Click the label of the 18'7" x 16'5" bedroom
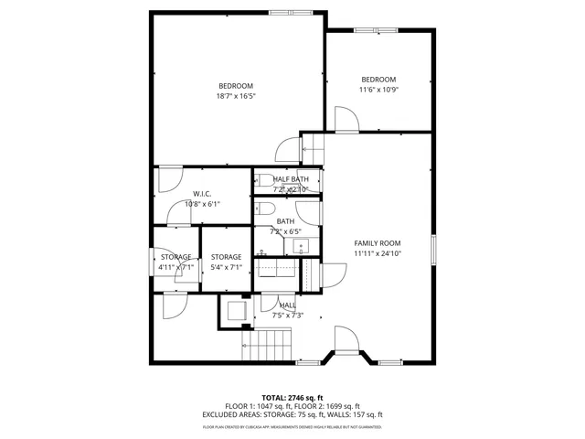coord(235,86)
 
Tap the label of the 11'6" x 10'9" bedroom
coord(378,80)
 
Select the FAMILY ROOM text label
coord(378,242)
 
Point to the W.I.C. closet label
coord(202,194)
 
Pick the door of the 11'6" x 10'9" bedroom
coord(345,119)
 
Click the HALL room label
coord(287,305)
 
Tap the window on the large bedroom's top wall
coord(282,12)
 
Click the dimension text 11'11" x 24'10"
coord(378,253)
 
